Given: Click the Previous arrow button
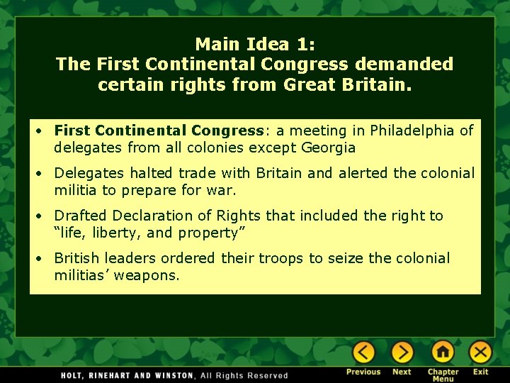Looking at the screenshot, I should pos(363,353).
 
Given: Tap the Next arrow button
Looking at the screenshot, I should pos(402,353).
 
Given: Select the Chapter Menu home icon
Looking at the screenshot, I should pos(443,353).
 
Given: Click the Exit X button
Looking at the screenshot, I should pos(480,353).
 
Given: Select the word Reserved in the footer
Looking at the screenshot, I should pos(267,375).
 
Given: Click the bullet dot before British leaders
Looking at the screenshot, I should pos(42,259).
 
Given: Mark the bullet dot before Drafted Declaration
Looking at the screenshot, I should pos(42,216).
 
